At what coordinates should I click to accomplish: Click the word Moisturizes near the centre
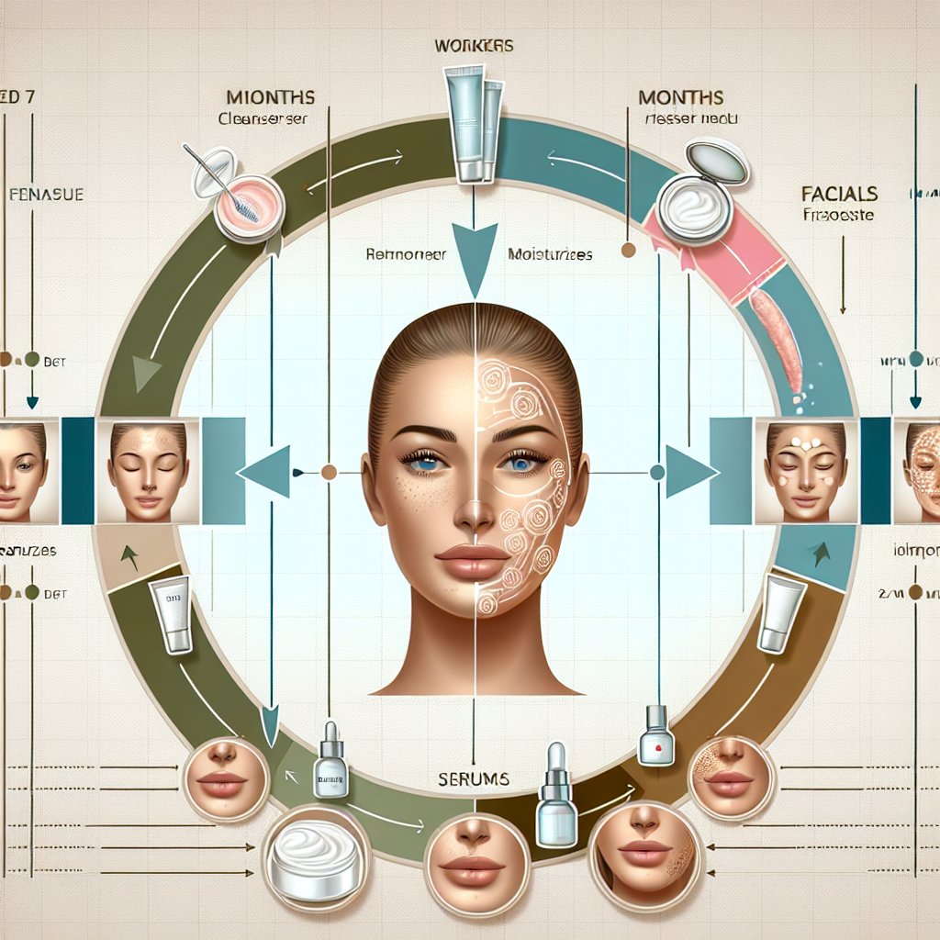tap(549, 255)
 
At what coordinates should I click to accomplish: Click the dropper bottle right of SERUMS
tap(556, 798)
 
